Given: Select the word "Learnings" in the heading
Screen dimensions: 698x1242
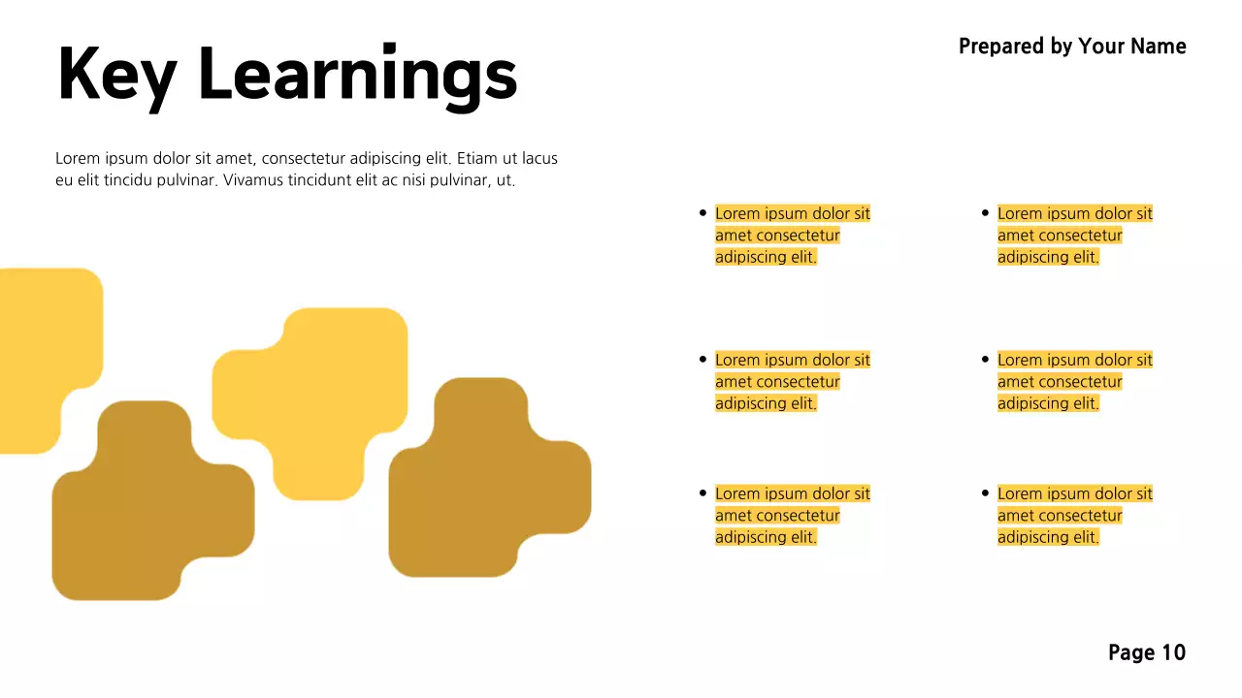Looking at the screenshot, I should point(357,75).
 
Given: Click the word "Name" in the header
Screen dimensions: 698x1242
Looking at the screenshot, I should point(1159,47).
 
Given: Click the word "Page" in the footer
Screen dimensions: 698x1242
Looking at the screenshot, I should point(1131,652).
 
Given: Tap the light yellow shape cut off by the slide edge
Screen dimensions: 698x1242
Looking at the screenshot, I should point(44,349).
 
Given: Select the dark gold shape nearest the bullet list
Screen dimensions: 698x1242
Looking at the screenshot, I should point(485,480).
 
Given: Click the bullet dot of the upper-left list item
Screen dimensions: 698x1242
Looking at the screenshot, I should point(703,213).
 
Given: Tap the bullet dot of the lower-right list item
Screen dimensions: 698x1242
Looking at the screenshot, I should point(985,493).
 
